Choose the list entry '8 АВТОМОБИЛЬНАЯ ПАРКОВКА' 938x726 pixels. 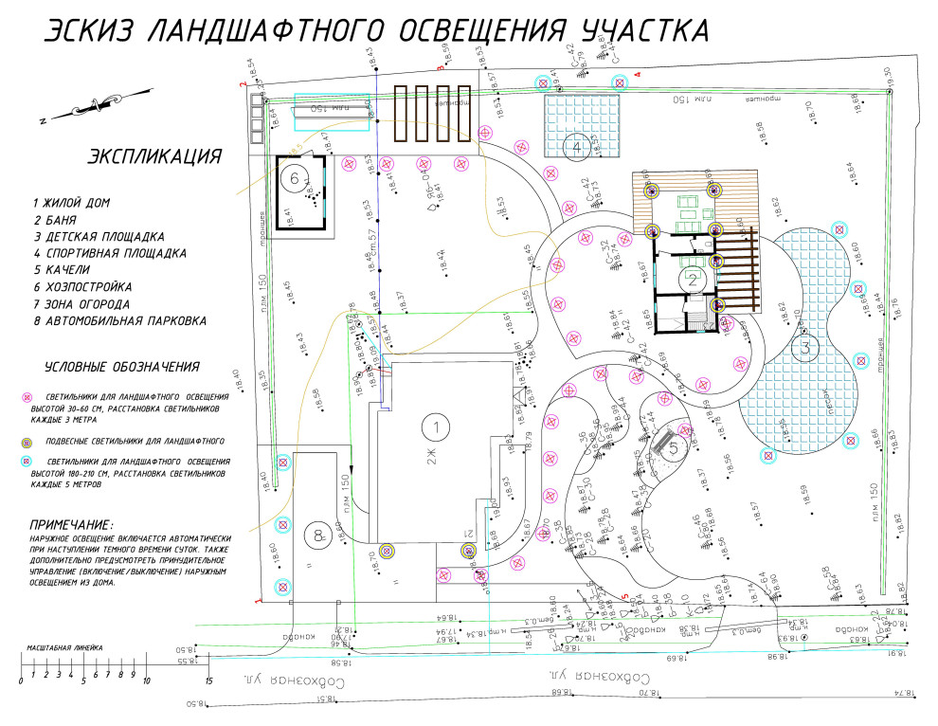118,320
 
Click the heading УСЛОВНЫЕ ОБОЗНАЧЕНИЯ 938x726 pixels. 121,367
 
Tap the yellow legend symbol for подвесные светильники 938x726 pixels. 27,441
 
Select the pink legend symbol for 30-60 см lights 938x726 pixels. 27,396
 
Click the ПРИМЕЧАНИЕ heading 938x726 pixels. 72,524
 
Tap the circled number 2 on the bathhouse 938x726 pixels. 693,279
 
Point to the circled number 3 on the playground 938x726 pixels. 806,347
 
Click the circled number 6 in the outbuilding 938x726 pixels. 295,177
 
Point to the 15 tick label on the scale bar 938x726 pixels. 208,681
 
